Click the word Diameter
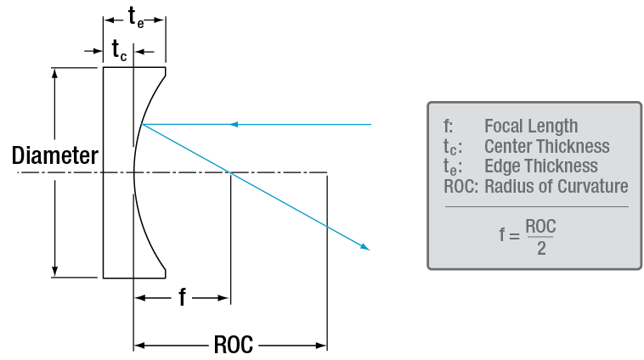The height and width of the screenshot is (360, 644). (x=54, y=156)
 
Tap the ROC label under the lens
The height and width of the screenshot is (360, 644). (x=232, y=346)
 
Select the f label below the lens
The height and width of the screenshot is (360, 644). (x=182, y=297)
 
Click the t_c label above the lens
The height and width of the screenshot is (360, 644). (x=119, y=51)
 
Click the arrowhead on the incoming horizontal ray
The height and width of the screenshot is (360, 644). (x=235, y=125)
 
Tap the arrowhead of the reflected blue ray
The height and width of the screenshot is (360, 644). (x=366, y=246)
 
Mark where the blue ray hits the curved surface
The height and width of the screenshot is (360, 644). (x=143, y=125)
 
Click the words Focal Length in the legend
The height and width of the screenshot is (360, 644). (x=530, y=127)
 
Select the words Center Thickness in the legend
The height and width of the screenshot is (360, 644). (x=546, y=146)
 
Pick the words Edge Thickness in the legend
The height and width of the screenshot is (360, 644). (x=540, y=166)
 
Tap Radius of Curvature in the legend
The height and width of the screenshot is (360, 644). (x=556, y=186)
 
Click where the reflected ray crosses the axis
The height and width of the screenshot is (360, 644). (x=230, y=173)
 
